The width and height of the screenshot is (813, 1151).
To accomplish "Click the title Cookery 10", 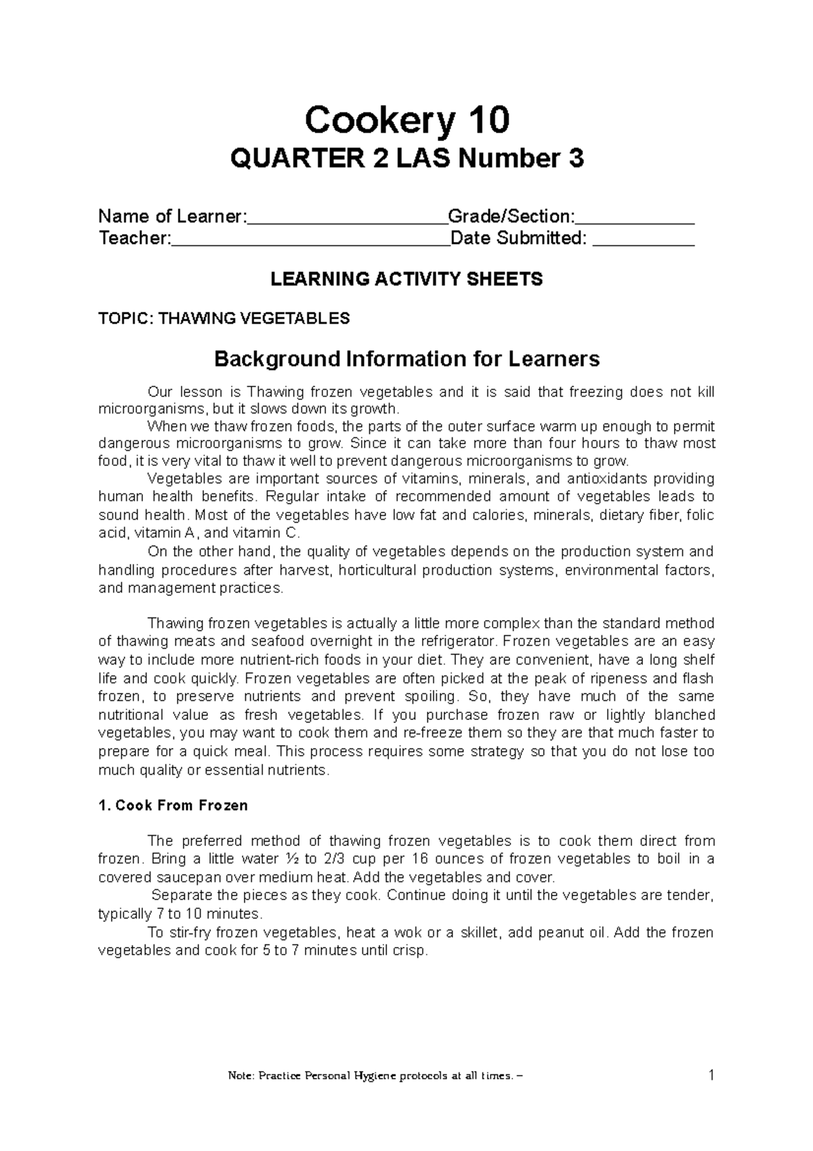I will [406, 121].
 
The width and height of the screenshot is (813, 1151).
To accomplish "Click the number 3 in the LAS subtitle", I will [575, 160].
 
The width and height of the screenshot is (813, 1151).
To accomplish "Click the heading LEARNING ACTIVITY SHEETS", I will [406, 279].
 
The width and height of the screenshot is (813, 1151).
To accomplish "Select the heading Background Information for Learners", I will [406, 359].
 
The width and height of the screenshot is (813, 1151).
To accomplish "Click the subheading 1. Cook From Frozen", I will [173, 806].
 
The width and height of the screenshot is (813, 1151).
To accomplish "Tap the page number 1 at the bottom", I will [711, 1075].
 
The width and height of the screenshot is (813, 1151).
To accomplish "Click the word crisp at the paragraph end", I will [411, 951].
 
